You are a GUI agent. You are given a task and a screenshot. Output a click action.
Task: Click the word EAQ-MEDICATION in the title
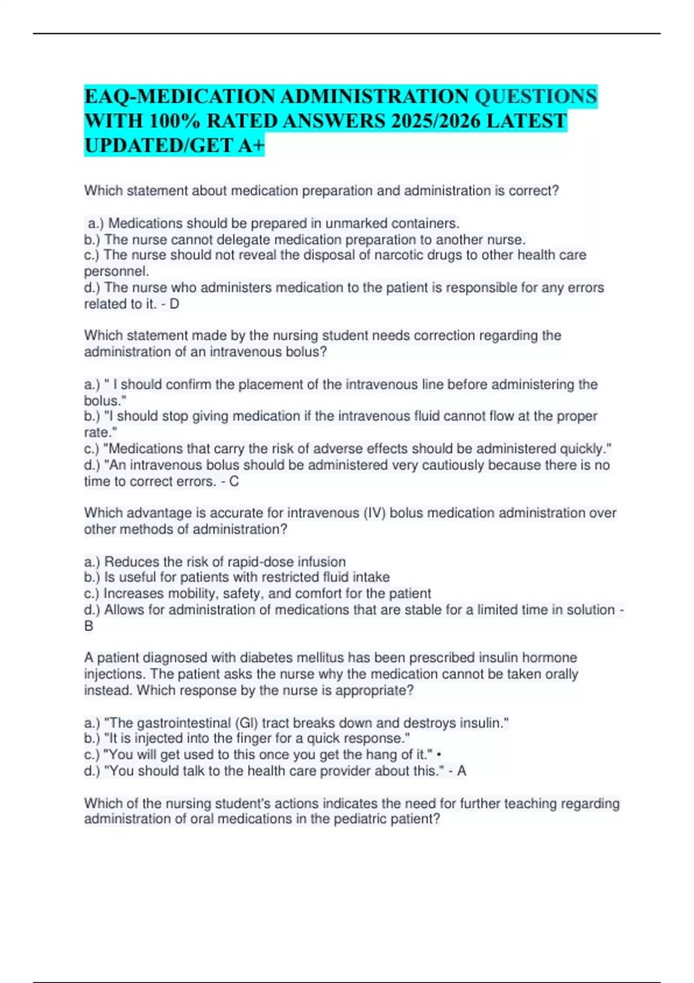[x=180, y=96]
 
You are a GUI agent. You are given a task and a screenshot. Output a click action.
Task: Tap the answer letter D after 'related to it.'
[x=174, y=304]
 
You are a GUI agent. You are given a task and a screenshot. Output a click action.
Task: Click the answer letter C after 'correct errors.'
[x=234, y=481]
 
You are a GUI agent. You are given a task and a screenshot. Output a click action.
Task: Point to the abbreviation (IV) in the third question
[x=374, y=513]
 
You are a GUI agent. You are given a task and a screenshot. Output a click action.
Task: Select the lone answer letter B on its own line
[x=88, y=626]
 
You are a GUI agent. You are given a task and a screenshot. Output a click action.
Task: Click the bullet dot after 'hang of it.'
[x=441, y=754]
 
